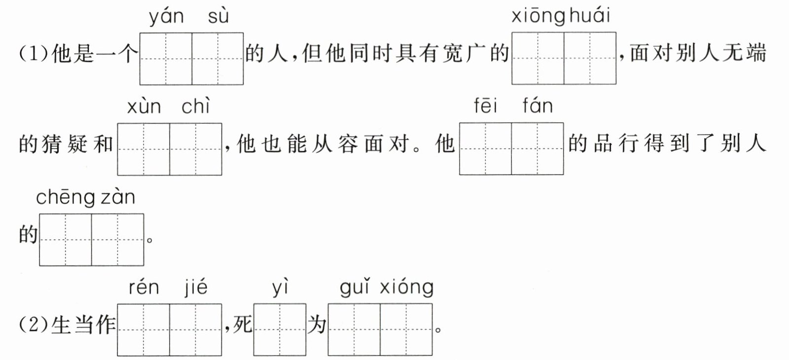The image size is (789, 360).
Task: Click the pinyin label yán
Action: coord(166,17)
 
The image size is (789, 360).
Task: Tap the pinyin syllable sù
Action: coord(218,17)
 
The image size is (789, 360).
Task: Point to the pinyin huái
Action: coord(589,16)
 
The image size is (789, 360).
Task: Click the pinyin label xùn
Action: coord(143,107)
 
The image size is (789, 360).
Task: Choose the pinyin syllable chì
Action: coord(196,106)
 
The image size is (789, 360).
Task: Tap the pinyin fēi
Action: coord(486,106)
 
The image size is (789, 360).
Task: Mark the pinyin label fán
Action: coord(538,106)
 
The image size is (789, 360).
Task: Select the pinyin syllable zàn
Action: coord(118,198)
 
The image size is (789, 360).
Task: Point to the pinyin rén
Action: coord(143,288)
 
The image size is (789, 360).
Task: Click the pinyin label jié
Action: coord(196,288)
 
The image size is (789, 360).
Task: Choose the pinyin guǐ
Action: coord(355,288)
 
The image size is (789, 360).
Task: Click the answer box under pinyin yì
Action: coord(280,329)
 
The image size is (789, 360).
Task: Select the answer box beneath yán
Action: coord(166,59)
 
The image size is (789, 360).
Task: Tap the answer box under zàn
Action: coord(118,240)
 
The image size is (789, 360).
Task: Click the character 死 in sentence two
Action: coord(242,325)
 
